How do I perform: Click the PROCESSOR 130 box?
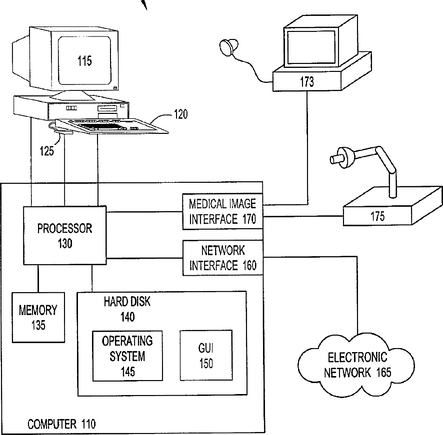point(65,236)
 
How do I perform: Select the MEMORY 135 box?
point(38,317)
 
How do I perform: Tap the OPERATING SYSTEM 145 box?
point(127,356)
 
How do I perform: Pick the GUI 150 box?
point(205,355)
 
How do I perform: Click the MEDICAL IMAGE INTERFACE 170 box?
point(222,211)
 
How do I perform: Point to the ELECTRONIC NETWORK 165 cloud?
point(357,365)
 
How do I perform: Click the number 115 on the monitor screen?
point(84,61)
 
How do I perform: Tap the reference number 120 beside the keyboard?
point(180,114)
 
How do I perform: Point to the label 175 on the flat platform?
point(377,216)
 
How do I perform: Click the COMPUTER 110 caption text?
point(61,425)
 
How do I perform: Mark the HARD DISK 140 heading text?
point(127,309)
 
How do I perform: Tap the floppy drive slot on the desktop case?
point(107,108)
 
